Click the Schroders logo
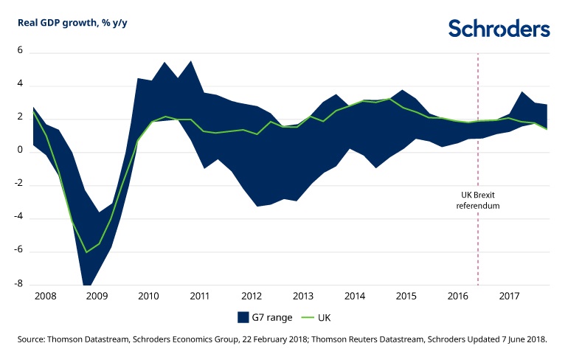pos(499,29)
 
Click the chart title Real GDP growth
pos(67,22)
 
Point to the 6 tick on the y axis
pos(21,52)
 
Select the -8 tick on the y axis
pos(19,285)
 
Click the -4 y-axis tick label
pos(19,218)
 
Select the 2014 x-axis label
pos(355,296)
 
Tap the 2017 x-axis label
pos(509,296)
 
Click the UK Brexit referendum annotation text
pos(478,201)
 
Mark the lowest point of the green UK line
pos(86,252)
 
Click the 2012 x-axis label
pos(252,296)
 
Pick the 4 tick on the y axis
pos(21,85)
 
